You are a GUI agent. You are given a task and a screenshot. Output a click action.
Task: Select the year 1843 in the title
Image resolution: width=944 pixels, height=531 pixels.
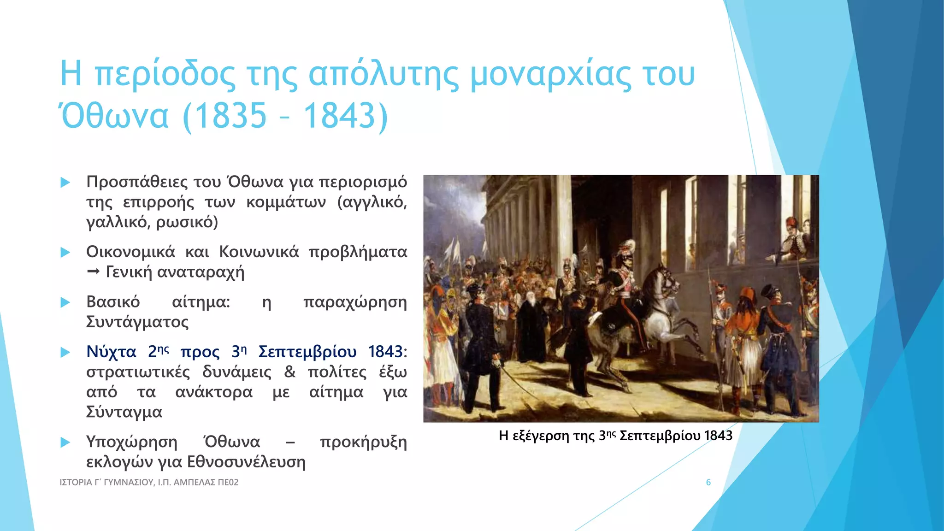click(340, 115)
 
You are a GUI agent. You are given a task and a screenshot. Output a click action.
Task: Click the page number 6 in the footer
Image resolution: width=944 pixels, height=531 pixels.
click(708, 482)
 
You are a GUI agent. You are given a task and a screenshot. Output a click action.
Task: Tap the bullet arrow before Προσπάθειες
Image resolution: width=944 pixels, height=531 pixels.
click(65, 183)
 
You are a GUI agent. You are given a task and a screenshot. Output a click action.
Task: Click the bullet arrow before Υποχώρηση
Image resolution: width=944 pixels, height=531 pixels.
click(65, 442)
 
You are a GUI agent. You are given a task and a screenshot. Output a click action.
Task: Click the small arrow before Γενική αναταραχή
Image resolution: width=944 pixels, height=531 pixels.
click(93, 272)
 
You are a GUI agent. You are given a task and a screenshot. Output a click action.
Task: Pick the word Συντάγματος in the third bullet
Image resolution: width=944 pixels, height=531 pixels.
click(137, 322)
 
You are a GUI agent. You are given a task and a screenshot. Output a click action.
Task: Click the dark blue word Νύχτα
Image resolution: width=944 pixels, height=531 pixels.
click(111, 352)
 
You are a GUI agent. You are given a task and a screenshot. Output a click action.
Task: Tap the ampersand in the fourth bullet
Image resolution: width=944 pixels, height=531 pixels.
click(289, 372)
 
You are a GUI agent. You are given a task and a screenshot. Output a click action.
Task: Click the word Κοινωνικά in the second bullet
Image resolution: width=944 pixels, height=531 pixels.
click(259, 252)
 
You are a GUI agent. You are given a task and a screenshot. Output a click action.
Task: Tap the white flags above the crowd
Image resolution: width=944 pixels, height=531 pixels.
click(454, 251)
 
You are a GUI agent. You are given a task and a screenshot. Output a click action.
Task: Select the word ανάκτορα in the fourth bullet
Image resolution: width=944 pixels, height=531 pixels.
click(214, 392)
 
